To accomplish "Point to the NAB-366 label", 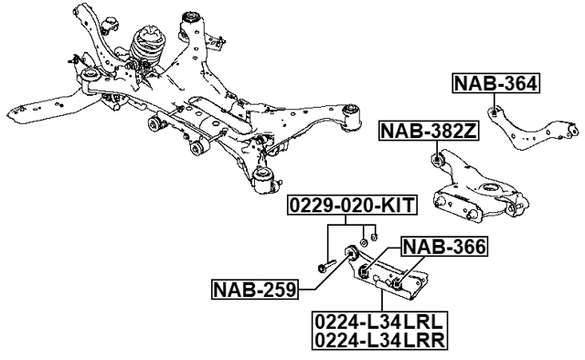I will tap(444, 245).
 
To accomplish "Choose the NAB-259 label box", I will tap(254, 291).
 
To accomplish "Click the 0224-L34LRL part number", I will tap(378, 322).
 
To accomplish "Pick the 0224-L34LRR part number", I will tap(378, 340).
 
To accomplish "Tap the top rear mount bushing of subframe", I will tap(193, 16).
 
